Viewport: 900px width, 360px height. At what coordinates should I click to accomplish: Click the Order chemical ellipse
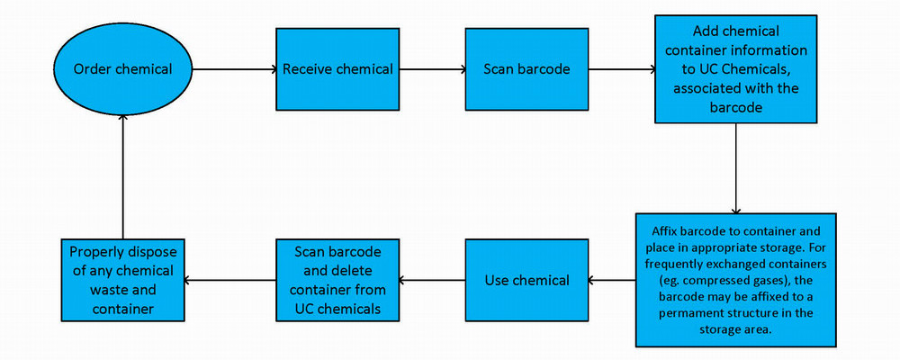pyautogui.click(x=122, y=69)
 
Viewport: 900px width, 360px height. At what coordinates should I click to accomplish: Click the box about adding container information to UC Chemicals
pyautogui.click(x=736, y=68)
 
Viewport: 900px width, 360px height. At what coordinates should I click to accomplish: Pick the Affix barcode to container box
pyautogui.click(x=736, y=280)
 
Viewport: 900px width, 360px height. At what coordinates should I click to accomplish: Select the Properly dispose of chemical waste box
pyautogui.click(x=122, y=280)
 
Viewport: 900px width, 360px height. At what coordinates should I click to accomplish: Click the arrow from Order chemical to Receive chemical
pyautogui.click(x=234, y=69)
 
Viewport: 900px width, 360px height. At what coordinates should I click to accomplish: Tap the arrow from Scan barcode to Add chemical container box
pyautogui.click(x=621, y=69)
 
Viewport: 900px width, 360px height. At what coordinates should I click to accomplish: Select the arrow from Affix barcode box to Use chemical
pyautogui.click(x=612, y=280)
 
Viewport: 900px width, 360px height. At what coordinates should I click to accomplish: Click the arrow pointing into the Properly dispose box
pyautogui.click(x=229, y=280)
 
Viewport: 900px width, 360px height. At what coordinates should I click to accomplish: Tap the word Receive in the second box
pyautogui.click(x=309, y=69)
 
